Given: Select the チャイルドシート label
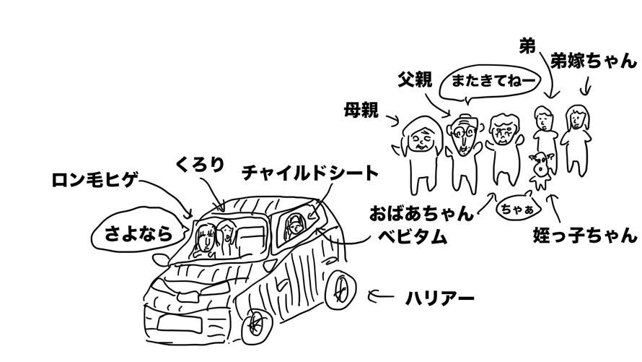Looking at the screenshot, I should click(x=309, y=173).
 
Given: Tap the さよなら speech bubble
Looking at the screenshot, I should click(x=139, y=233).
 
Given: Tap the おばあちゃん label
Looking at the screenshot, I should click(x=421, y=213).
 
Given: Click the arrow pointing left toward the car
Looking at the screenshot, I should click(x=381, y=295).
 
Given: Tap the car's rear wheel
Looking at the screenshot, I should click(x=342, y=289).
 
